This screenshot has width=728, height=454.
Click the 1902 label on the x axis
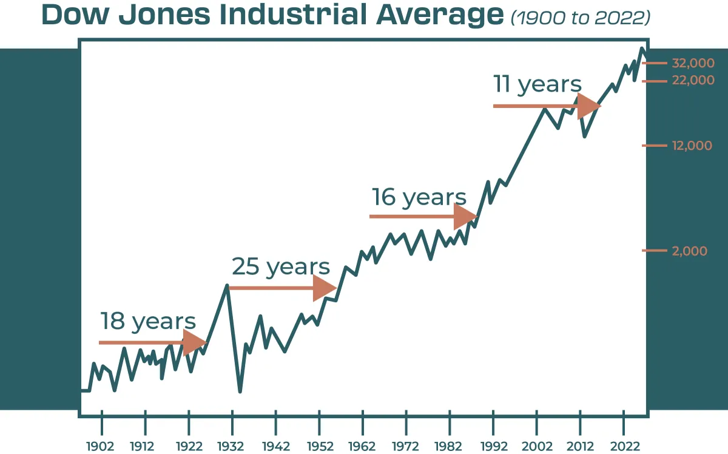101,446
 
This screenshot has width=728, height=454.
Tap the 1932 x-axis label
231,446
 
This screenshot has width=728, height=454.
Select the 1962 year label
362,446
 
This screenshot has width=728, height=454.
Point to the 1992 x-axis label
493,446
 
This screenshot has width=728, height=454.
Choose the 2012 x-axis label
581,446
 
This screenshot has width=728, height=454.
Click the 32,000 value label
693,63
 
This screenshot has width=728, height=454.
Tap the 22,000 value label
693,80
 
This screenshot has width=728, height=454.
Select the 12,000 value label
692,146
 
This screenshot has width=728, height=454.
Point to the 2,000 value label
690,251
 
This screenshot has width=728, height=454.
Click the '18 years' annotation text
148,321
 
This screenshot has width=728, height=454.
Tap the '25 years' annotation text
281,266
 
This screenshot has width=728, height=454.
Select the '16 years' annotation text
419,197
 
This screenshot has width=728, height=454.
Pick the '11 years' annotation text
537,84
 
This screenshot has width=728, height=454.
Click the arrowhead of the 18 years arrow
195,343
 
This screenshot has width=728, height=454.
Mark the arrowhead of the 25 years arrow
325,288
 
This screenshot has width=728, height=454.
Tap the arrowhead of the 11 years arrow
588,106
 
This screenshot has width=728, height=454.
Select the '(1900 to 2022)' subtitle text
580,18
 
